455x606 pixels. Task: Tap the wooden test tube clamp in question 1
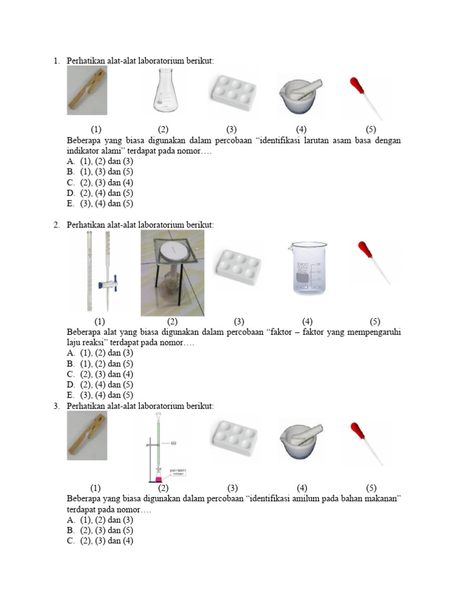coord(87,91)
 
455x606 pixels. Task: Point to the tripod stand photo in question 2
coord(172,273)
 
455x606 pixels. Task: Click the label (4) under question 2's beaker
coord(307,321)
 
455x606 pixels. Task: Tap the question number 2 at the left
coord(56,225)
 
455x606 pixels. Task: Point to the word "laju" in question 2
coord(76,343)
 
